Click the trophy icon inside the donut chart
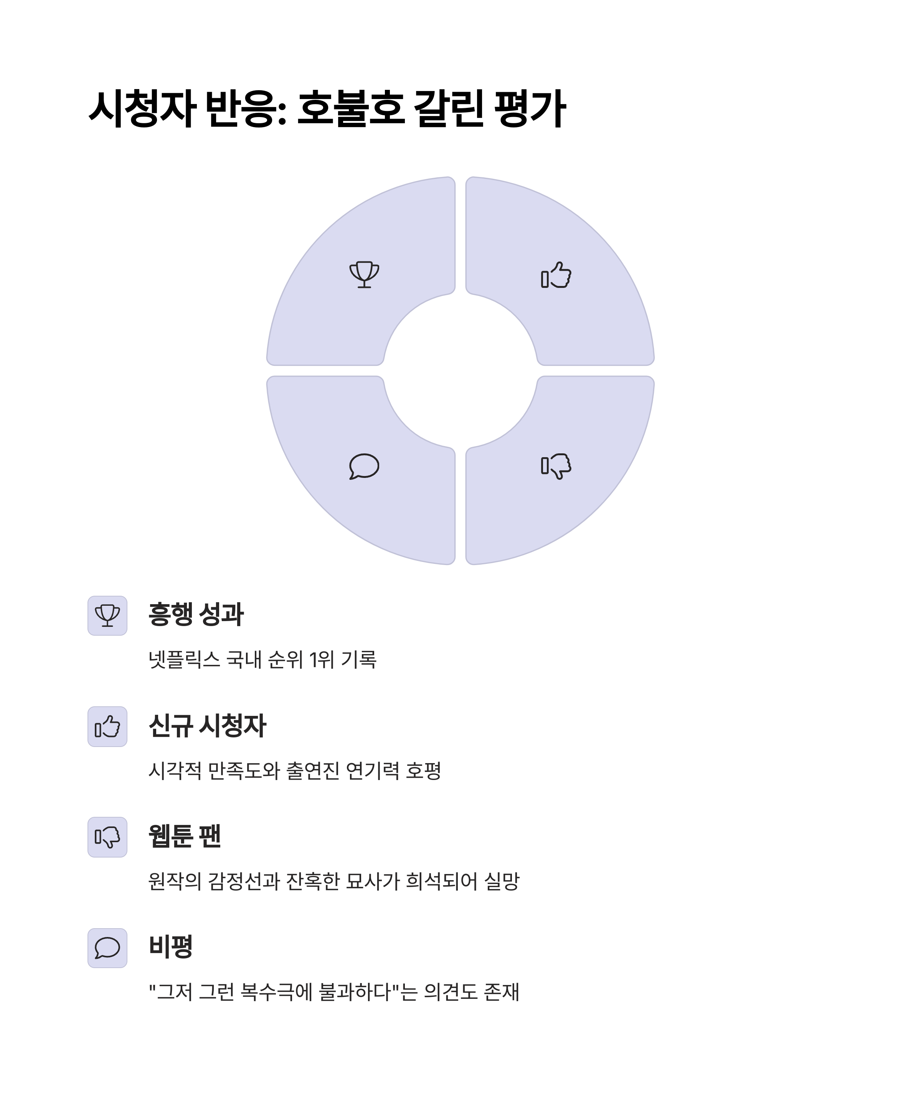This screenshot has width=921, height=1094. [x=364, y=274]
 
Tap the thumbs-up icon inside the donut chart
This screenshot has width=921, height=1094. [x=556, y=275]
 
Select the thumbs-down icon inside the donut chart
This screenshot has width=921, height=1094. [x=556, y=465]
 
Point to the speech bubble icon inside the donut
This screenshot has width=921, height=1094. [x=364, y=466]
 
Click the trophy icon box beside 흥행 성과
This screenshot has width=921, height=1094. [x=107, y=616]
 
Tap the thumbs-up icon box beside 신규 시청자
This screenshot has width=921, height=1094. [x=107, y=726]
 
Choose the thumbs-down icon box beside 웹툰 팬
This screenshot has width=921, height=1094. [x=107, y=837]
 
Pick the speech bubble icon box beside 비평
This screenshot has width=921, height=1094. [x=107, y=948]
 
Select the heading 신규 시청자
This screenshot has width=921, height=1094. [x=207, y=725]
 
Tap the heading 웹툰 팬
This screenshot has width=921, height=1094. [x=185, y=836]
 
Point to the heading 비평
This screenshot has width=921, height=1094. [x=171, y=946]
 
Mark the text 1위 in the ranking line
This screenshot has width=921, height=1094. [x=322, y=659]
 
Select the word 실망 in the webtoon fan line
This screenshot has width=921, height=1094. [x=502, y=881]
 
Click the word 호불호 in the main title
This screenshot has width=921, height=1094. [x=351, y=109]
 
